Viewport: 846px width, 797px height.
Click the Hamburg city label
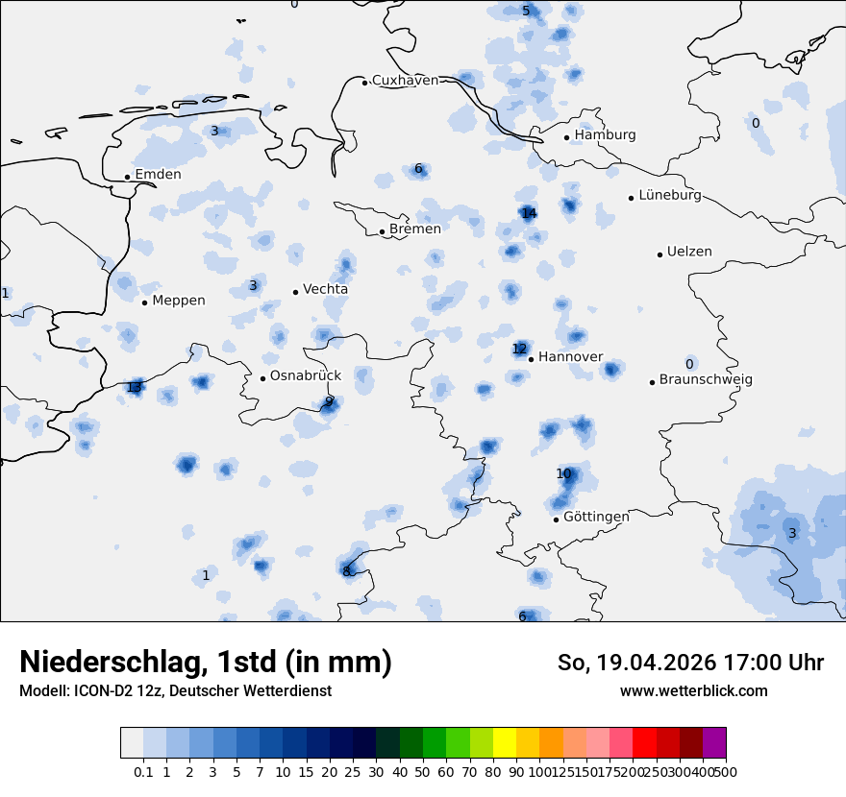tap(605, 135)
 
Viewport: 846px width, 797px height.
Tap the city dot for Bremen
tap(382, 230)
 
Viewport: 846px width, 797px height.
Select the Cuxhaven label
tap(405, 81)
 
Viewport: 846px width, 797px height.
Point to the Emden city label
tap(158, 175)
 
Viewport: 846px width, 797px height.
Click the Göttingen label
tap(596, 517)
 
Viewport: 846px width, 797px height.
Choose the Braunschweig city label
tap(706, 379)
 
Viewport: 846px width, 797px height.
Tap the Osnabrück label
tap(306, 376)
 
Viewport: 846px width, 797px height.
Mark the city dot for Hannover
tap(531, 358)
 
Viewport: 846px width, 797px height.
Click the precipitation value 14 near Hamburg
tap(529, 213)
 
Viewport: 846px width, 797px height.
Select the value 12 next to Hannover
tap(519, 349)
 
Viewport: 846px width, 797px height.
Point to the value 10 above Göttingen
tap(563, 473)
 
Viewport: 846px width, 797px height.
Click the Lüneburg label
tap(669, 196)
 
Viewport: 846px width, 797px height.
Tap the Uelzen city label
tap(689, 252)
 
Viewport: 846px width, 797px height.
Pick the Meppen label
tap(179, 301)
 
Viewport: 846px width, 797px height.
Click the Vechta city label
tap(325, 289)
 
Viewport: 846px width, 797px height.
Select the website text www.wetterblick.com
tap(693, 690)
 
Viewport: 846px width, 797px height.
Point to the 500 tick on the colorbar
tap(726, 771)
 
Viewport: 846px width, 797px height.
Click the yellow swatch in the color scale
tap(505, 742)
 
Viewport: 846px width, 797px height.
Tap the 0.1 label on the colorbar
tap(143, 771)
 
